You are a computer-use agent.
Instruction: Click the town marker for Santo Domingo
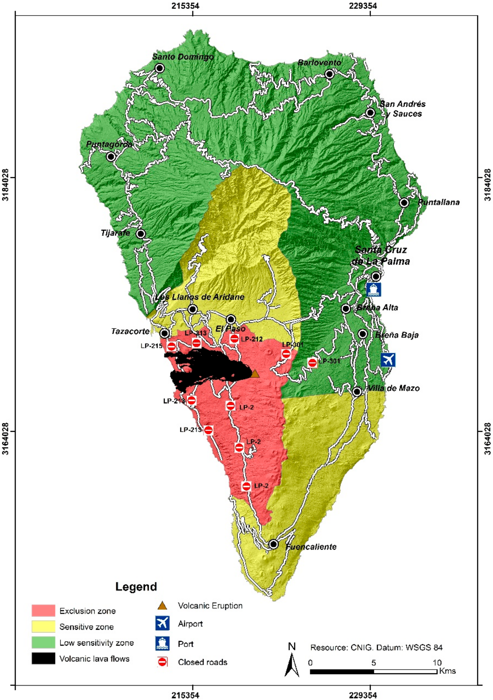coord(159,68)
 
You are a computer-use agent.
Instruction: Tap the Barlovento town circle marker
coord(329,74)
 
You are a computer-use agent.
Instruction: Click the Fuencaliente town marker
coord(274,544)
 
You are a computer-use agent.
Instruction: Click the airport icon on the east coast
coord(388,360)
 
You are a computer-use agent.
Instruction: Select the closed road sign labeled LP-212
coord(234,338)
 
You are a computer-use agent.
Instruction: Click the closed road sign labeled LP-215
coord(171,346)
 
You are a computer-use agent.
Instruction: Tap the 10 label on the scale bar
coord(437,662)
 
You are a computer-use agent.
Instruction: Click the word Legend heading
coord(136,587)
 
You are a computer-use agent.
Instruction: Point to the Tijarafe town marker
coord(140,234)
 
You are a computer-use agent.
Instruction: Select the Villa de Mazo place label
coord(394,388)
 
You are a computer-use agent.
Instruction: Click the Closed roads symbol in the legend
coord(162,662)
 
